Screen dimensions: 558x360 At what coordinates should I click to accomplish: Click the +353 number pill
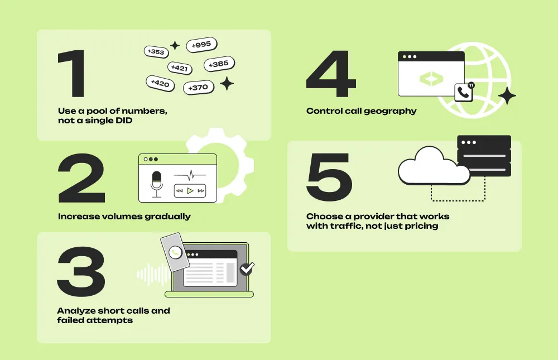pyautogui.click(x=156, y=52)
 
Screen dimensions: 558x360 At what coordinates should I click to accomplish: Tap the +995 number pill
pyautogui.click(x=201, y=45)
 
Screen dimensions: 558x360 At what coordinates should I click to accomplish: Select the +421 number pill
pyautogui.click(x=179, y=68)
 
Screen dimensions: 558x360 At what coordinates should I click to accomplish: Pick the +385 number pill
pyautogui.click(x=219, y=64)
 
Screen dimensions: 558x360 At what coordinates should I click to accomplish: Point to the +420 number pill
pyautogui.click(x=160, y=84)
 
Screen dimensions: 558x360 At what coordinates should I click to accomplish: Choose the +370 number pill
pyautogui.click(x=198, y=88)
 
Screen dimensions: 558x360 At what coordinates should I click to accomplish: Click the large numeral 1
pyautogui.click(x=73, y=74)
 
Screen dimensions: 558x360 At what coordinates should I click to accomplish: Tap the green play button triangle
pyautogui.click(x=190, y=191)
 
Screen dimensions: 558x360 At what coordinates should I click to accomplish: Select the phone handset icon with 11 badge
pyautogui.click(x=463, y=92)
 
